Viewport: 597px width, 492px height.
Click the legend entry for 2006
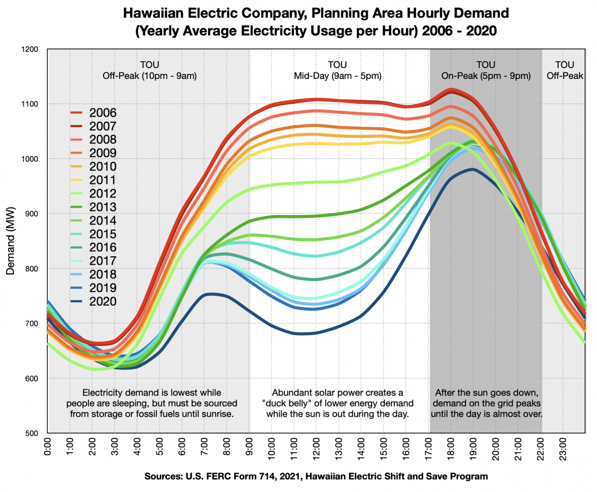coord(103,112)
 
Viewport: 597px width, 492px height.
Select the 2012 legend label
coord(103,193)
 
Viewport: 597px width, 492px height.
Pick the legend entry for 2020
coord(103,302)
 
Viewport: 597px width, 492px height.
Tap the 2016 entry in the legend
coord(103,247)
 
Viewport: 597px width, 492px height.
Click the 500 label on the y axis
coord(31,433)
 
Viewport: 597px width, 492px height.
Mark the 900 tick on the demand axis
coord(31,214)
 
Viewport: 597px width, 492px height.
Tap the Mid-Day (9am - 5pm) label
coord(337,76)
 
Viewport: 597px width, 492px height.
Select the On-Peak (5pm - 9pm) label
coord(485,76)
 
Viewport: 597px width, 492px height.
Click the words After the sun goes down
coord(485,392)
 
